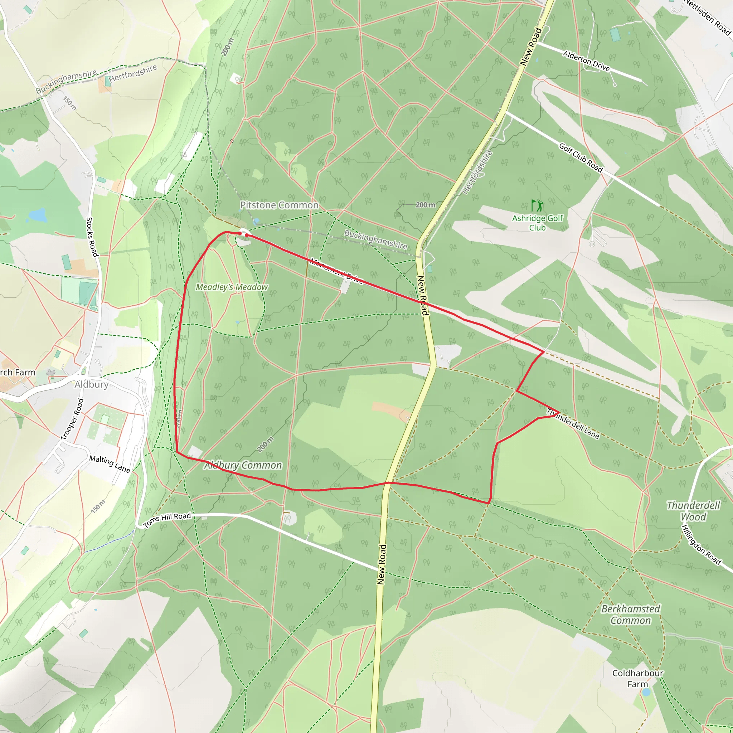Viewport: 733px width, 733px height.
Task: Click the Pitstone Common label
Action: [x=279, y=205]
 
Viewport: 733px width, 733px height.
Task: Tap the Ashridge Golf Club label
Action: [x=537, y=223]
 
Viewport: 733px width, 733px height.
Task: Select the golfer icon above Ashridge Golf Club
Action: [x=537, y=206]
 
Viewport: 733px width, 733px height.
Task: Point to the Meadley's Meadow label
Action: [x=232, y=287]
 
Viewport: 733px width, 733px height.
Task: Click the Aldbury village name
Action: [x=91, y=384]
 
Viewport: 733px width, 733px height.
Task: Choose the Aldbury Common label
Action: [x=243, y=465]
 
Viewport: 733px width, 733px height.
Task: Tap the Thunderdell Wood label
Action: [x=693, y=511]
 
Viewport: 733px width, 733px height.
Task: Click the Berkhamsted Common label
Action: [x=631, y=615]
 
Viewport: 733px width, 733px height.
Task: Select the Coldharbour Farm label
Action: [x=638, y=678]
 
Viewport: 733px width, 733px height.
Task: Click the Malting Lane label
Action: [x=110, y=464]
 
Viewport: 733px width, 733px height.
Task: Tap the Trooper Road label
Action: [x=72, y=419]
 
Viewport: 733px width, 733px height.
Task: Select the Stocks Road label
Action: [x=92, y=237]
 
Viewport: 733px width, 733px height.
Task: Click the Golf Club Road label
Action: [x=581, y=157]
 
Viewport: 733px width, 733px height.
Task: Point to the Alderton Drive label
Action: [x=586, y=61]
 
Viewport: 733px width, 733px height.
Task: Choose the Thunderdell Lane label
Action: [x=573, y=423]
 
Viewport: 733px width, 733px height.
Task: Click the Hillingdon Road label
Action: [x=701, y=545]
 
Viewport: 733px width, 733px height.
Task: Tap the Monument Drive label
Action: [x=336, y=271]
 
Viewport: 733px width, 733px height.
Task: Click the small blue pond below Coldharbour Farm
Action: [x=646, y=693]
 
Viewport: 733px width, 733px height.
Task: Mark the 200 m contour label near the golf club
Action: [x=425, y=205]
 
